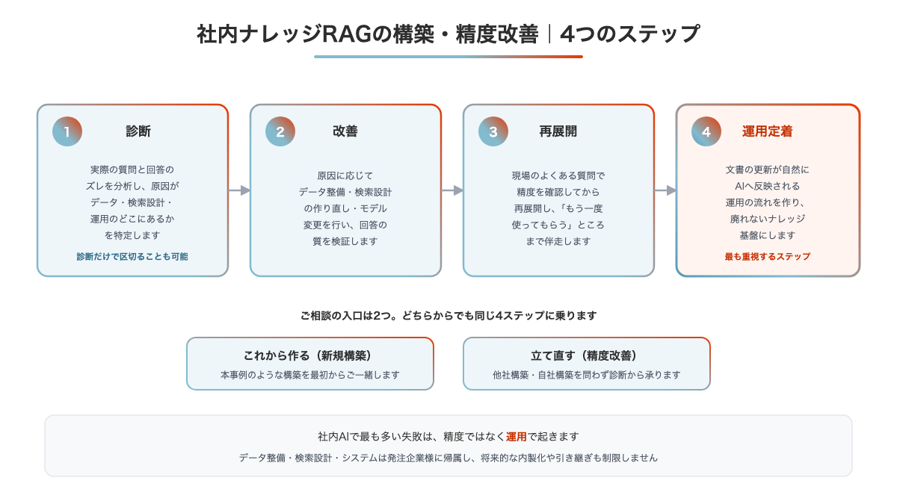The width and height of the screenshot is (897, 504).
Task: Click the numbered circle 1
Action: tap(67, 131)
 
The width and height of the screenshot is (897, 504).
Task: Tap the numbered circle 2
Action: tap(280, 131)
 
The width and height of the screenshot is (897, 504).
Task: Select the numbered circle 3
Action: tap(493, 131)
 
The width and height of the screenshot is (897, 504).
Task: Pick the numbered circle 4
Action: tap(706, 131)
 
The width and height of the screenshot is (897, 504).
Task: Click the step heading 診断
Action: tap(138, 131)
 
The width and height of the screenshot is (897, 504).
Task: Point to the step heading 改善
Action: tap(345, 131)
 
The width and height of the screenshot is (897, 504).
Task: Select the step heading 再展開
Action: tap(558, 131)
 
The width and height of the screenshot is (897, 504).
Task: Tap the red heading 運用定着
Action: tap(767, 131)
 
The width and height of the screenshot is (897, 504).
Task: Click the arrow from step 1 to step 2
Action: tap(239, 190)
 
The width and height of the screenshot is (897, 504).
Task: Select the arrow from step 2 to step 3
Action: tap(452, 190)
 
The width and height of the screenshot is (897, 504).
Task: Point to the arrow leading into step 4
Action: tap(665, 190)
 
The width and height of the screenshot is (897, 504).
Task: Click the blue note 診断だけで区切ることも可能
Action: tap(132, 256)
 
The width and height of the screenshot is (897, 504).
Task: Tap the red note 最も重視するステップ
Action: tap(767, 256)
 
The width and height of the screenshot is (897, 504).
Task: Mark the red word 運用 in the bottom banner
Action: tap(517, 436)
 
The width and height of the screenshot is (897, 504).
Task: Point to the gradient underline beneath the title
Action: tap(449, 57)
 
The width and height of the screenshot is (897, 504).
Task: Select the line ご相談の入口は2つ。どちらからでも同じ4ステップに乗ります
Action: tap(449, 316)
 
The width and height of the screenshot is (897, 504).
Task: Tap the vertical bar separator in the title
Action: tap(549, 34)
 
